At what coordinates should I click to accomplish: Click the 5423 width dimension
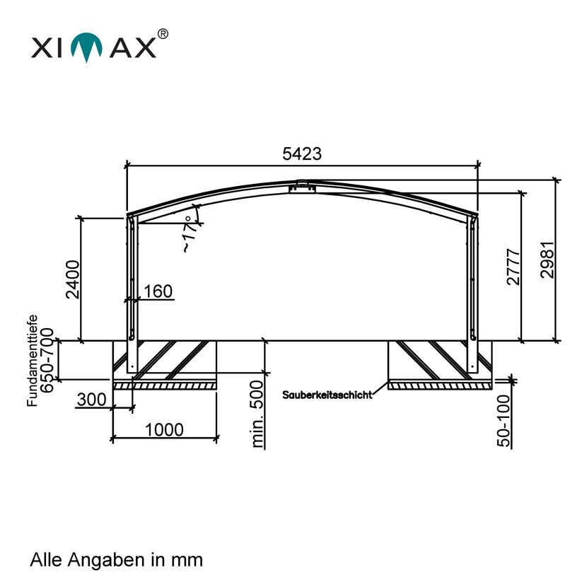click(302, 154)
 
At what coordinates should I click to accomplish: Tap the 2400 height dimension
click(73, 279)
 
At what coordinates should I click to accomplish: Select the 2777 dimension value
click(513, 267)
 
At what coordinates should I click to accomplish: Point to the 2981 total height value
click(547, 260)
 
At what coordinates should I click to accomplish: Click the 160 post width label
click(158, 291)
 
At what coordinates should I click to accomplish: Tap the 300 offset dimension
click(91, 400)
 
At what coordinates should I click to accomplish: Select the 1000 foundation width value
click(164, 430)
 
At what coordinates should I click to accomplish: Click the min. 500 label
click(257, 414)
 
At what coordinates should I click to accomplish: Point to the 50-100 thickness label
click(504, 421)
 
